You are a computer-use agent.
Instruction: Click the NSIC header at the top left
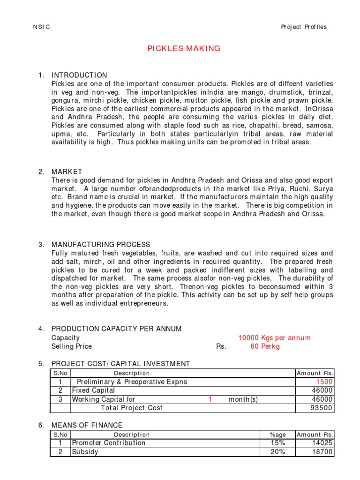point(42,27)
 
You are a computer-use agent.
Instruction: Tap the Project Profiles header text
point(304,27)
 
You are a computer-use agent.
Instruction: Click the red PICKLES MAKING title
point(184,49)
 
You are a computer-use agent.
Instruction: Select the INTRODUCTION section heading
point(79,75)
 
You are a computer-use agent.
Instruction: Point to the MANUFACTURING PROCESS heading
point(101,244)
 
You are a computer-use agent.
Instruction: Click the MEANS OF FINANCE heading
point(87,425)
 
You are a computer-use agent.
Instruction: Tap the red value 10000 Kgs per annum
point(274,337)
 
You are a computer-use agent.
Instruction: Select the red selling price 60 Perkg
point(265,346)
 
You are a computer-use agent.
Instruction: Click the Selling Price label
point(72,346)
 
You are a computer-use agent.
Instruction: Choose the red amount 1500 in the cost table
point(324,382)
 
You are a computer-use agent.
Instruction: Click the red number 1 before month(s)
point(210,399)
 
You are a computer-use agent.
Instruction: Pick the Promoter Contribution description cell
point(108,443)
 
